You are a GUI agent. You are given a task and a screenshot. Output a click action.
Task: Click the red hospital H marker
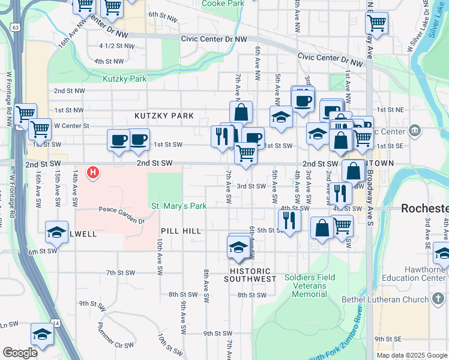93,173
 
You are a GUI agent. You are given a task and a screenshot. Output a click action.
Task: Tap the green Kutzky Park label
124,79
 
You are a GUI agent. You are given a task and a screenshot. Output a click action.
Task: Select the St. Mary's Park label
179,206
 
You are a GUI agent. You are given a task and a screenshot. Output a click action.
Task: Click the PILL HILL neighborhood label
179,231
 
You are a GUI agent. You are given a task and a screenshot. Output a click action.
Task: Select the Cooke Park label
223,4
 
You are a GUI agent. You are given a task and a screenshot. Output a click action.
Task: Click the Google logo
20,352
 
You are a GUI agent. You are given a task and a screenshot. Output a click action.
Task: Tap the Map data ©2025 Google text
412,355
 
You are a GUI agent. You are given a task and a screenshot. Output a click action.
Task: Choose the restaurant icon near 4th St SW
290,220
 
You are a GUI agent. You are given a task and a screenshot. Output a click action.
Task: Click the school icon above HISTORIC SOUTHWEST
238,247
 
